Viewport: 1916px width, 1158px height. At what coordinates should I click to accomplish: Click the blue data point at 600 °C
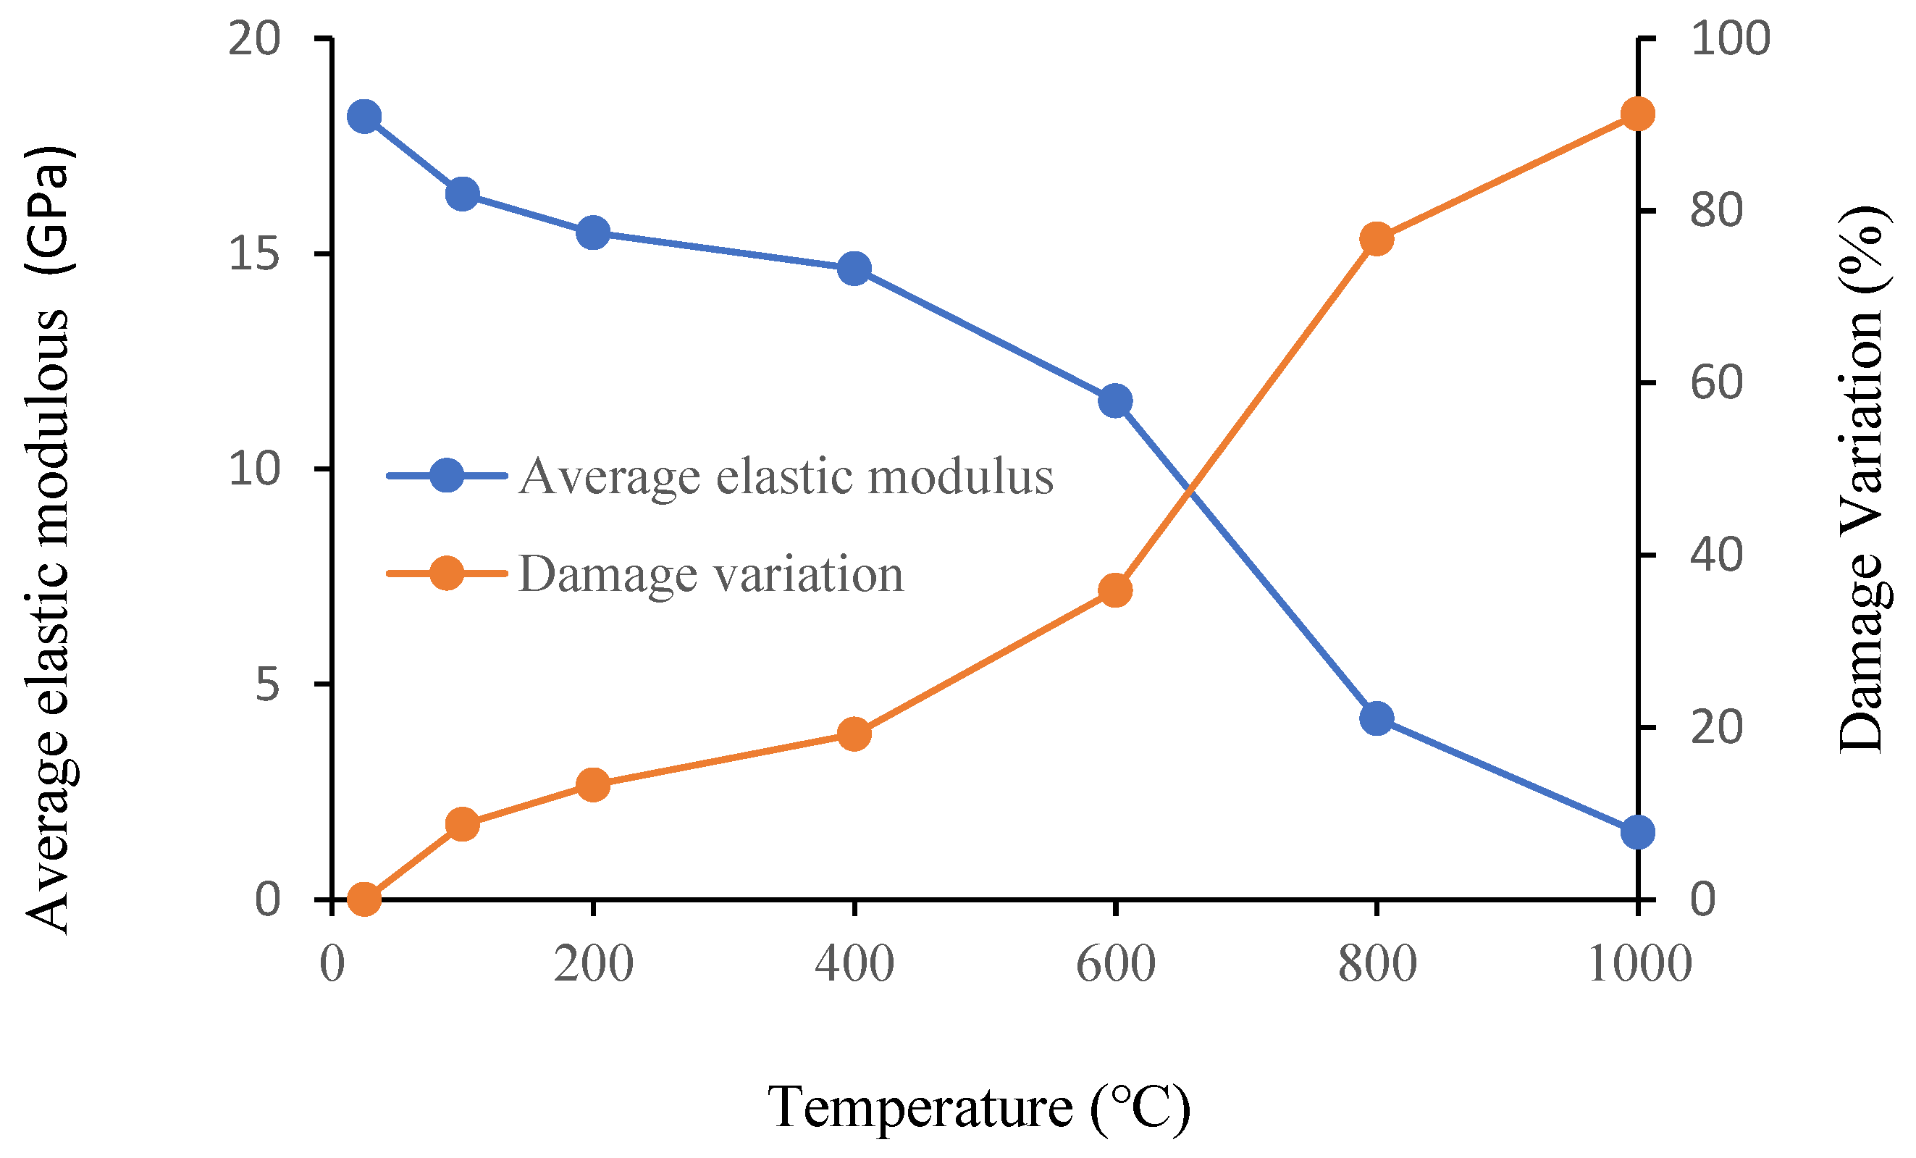click(1115, 401)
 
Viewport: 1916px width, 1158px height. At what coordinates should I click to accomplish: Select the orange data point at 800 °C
click(1377, 239)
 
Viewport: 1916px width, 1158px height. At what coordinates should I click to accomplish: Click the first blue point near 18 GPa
click(364, 117)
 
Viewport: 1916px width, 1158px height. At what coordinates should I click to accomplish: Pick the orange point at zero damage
click(364, 899)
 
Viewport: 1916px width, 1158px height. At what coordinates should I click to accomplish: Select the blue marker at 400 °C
click(854, 268)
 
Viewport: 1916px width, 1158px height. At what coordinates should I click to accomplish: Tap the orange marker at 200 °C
click(593, 785)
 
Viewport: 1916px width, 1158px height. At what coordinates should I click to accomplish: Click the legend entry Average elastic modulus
click(786, 476)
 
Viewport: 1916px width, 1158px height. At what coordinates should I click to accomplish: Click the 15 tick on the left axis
click(254, 253)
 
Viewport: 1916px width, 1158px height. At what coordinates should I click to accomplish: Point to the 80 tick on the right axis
click(1716, 210)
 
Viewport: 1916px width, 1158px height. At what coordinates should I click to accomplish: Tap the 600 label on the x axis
click(1115, 965)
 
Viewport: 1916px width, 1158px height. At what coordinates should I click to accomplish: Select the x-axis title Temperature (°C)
click(978, 1107)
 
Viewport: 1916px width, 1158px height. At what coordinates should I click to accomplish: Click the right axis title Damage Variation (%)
click(1861, 478)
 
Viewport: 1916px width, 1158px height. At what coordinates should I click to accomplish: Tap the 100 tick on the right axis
click(1730, 38)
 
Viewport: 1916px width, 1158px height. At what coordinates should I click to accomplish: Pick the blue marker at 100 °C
click(463, 193)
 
